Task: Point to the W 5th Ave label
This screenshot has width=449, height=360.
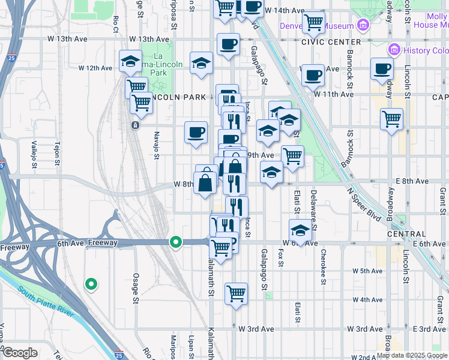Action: pos(368,271)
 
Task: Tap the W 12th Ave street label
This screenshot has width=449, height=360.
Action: pos(95,68)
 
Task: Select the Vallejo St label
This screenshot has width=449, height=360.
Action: pos(34,155)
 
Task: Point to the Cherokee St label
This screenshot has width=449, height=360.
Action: pos(323,264)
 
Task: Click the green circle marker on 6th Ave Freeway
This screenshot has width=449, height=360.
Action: pos(175,242)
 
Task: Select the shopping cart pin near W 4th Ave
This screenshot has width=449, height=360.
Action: pos(236,293)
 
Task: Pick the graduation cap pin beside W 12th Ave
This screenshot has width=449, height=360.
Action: pos(130,61)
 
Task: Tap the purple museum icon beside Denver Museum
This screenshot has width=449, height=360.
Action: pos(363,25)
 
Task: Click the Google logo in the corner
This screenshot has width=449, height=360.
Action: pos(20,353)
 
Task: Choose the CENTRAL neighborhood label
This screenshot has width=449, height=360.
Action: pos(406,234)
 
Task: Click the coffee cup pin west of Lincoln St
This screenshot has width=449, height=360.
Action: pos(382,69)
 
